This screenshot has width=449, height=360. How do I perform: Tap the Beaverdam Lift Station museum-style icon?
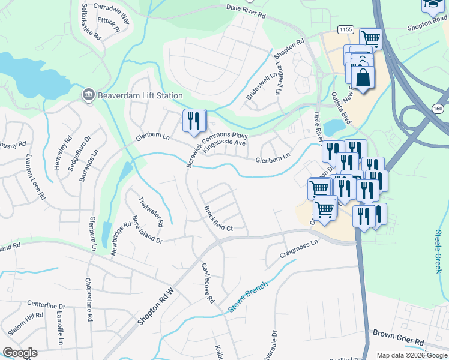tap(88, 95)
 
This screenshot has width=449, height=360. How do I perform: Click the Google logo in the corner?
tap(19, 353)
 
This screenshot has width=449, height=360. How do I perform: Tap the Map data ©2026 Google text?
tap(411, 355)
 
